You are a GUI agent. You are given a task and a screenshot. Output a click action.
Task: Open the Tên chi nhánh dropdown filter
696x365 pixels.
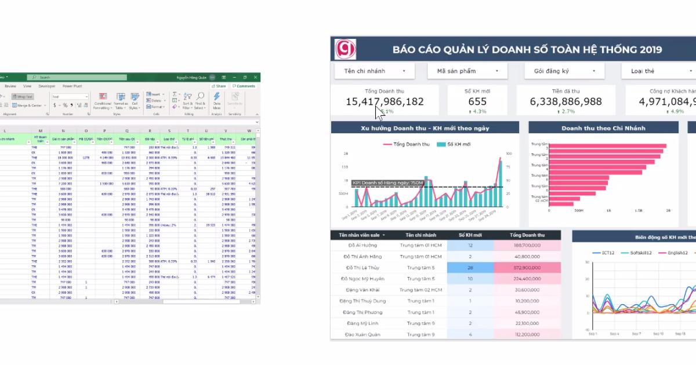click(x=374, y=71)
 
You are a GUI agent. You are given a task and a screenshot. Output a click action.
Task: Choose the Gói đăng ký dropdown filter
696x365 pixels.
click(x=561, y=71)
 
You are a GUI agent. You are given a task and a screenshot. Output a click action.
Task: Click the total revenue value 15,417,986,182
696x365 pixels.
click(x=385, y=101)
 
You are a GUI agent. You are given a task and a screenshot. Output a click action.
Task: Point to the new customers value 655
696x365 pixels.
click(x=477, y=101)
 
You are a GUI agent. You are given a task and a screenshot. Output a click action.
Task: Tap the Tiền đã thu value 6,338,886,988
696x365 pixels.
click(x=565, y=101)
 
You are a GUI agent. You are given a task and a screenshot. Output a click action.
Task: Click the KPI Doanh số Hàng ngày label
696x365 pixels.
click(x=387, y=183)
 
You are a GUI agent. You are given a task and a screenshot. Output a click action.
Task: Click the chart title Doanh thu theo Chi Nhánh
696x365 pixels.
click(x=603, y=128)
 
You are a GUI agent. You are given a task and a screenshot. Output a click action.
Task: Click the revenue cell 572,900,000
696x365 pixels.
click(x=527, y=268)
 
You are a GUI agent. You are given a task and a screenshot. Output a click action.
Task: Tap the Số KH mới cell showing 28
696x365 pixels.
click(x=470, y=268)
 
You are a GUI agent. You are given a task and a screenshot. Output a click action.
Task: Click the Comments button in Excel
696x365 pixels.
click(x=244, y=86)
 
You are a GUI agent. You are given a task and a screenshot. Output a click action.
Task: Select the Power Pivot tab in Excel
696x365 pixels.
click(x=72, y=86)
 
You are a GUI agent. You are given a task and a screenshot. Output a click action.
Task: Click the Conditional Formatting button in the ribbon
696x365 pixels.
click(x=103, y=101)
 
